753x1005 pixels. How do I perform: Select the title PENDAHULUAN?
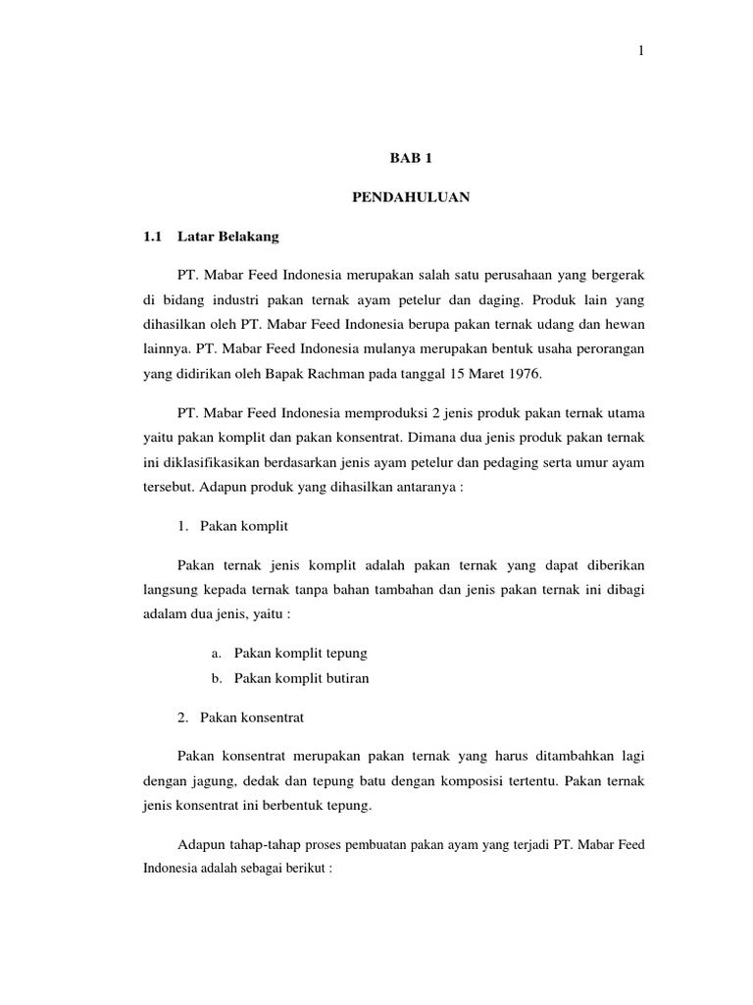(411, 197)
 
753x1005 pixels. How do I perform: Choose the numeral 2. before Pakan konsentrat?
(183, 717)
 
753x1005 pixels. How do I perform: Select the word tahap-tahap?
(257, 845)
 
